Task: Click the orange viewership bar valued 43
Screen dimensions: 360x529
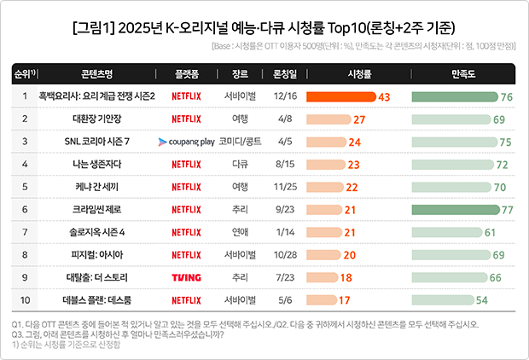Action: (x=340, y=96)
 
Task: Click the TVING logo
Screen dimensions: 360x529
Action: (x=186, y=276)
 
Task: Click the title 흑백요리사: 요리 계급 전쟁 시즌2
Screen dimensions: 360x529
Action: (x=96, y=96)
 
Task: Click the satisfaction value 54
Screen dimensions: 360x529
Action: (x=482, y=299)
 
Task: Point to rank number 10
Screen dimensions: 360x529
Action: (x=25, y=299)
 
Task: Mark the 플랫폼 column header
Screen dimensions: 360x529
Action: (x=186, y=74)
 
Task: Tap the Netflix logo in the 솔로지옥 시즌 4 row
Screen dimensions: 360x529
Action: (x=186, y=231)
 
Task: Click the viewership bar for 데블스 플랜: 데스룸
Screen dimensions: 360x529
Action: (x=321, y=299)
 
